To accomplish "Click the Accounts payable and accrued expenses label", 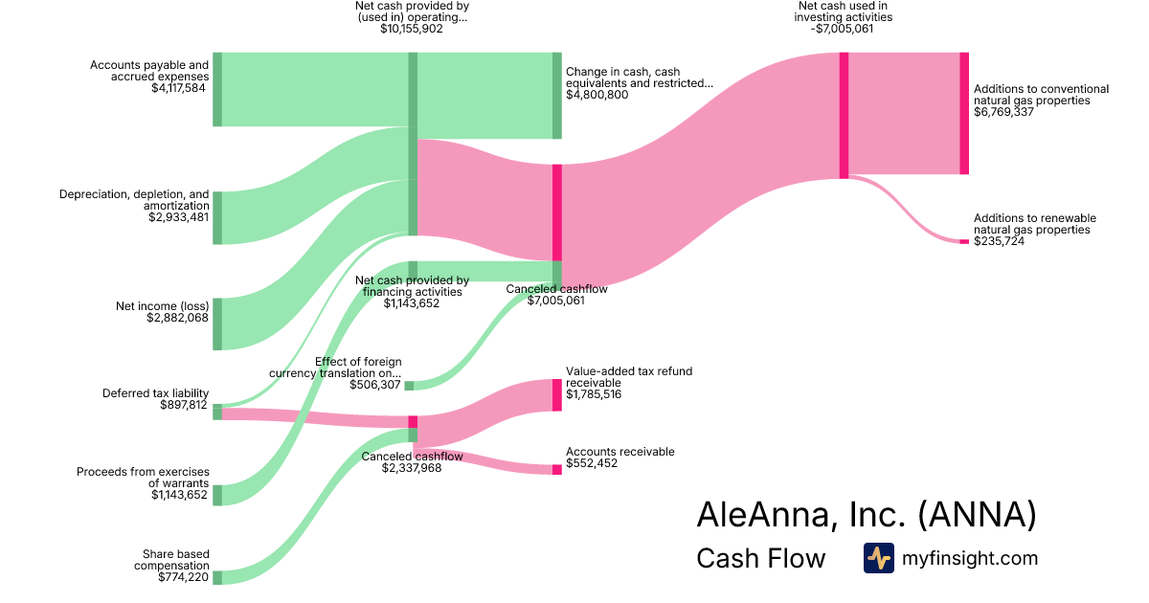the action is [149, 71].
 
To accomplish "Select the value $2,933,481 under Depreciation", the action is [178, 217].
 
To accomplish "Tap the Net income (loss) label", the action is [161, 306].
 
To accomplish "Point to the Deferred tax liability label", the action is [155, 393].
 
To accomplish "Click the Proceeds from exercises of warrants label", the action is [143, 477].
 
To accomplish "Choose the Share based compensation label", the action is [176, 559].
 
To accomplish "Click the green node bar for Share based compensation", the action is [217, 577].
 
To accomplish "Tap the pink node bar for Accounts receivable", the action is [557, 469].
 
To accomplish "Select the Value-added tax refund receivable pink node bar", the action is [557, 394].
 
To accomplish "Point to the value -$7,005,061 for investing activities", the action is [844, 30].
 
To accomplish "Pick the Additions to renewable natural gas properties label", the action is [1034, 224].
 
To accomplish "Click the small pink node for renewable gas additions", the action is [964, 241].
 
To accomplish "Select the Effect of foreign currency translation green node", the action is [409, 385].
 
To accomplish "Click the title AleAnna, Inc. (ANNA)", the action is [867, 515].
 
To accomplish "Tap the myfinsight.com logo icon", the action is [878, 558].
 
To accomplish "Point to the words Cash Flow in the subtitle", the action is [760, 558].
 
